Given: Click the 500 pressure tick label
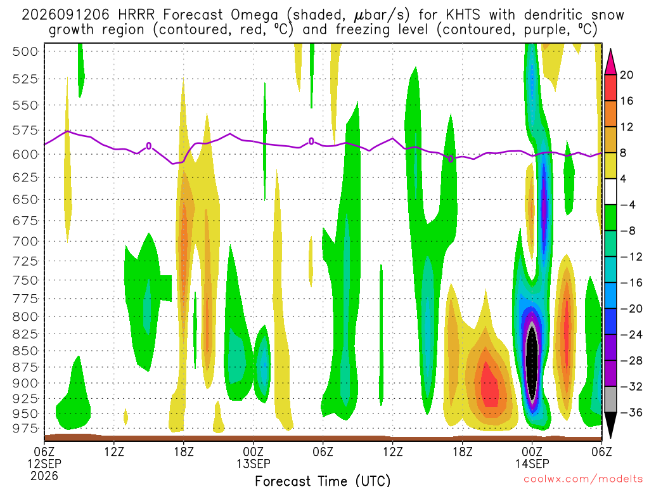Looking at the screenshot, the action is click(25, 52).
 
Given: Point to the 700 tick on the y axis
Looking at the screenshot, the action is click(25, 242).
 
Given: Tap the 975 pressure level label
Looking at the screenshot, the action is click(25, 429).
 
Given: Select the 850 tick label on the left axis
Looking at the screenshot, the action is click(25, 351).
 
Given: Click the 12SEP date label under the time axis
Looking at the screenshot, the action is click(44, 464).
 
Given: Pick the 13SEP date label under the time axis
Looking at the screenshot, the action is click(254, 464).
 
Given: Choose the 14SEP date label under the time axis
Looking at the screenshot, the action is click(532, 464).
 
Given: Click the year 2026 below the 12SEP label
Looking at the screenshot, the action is click(44, 476).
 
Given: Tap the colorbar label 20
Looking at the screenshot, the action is click(627, 75).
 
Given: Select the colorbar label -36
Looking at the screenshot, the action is click(631, 412).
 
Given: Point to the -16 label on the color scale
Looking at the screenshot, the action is click(631, 283).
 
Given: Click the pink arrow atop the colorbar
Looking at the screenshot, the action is click(610, 62).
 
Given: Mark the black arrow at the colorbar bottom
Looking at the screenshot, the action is click(610, 425).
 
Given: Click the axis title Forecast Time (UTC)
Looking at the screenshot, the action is click(323, 481).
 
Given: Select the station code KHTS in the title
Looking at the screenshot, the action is click(463, 15).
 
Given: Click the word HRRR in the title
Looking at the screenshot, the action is click(136, 15).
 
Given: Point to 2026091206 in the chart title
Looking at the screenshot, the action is click(65, 15).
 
